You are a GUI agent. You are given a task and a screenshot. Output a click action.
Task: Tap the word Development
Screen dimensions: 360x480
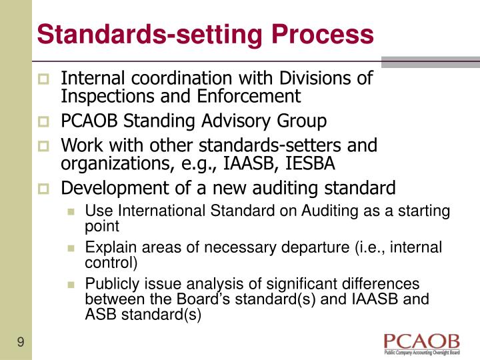(115, 187)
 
